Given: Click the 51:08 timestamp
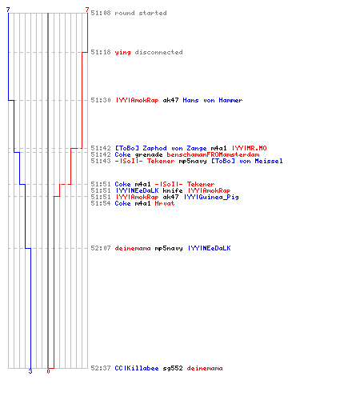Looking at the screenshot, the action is pyautogui.click(x=101, y=13).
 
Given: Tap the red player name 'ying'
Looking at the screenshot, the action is pyautogui.click(x=122, y=53).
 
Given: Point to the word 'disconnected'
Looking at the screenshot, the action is pyautogui.click(x=158, y=52).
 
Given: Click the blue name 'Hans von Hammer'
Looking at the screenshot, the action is pyautogui.click(x=213, y=100).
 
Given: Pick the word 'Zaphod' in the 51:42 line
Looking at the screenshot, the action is pyautogui.click(x=154, y=148).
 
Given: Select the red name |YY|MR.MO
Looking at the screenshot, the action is pyautogui.click(x=249, y=148).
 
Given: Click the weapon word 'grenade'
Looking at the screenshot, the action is pyautogui.click(x=149, y=155).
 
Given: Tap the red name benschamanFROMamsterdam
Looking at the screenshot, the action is pyautogui.click(x=213, y=154).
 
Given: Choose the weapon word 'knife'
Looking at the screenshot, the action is pyautogui.click(x=173, y=190).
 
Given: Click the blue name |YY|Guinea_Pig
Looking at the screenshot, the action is pyautogui.click(x=211, y=198).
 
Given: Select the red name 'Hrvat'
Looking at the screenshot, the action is pyautogui.click(x=165, y=203).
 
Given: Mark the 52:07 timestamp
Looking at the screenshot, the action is pyautogui.click(x=101, y=248).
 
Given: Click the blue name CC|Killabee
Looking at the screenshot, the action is pyautogui.click(x=137, y=368).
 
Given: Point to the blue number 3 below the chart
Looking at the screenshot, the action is pyautogui.click(x=30, y=371).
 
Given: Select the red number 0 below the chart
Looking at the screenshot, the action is pyautogui.click(x=48, y=371).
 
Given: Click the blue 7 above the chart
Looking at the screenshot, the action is pyautogui.click(x=8, y=10).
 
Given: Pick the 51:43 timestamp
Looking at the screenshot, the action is pyautogui.click(x=101, y=161).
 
